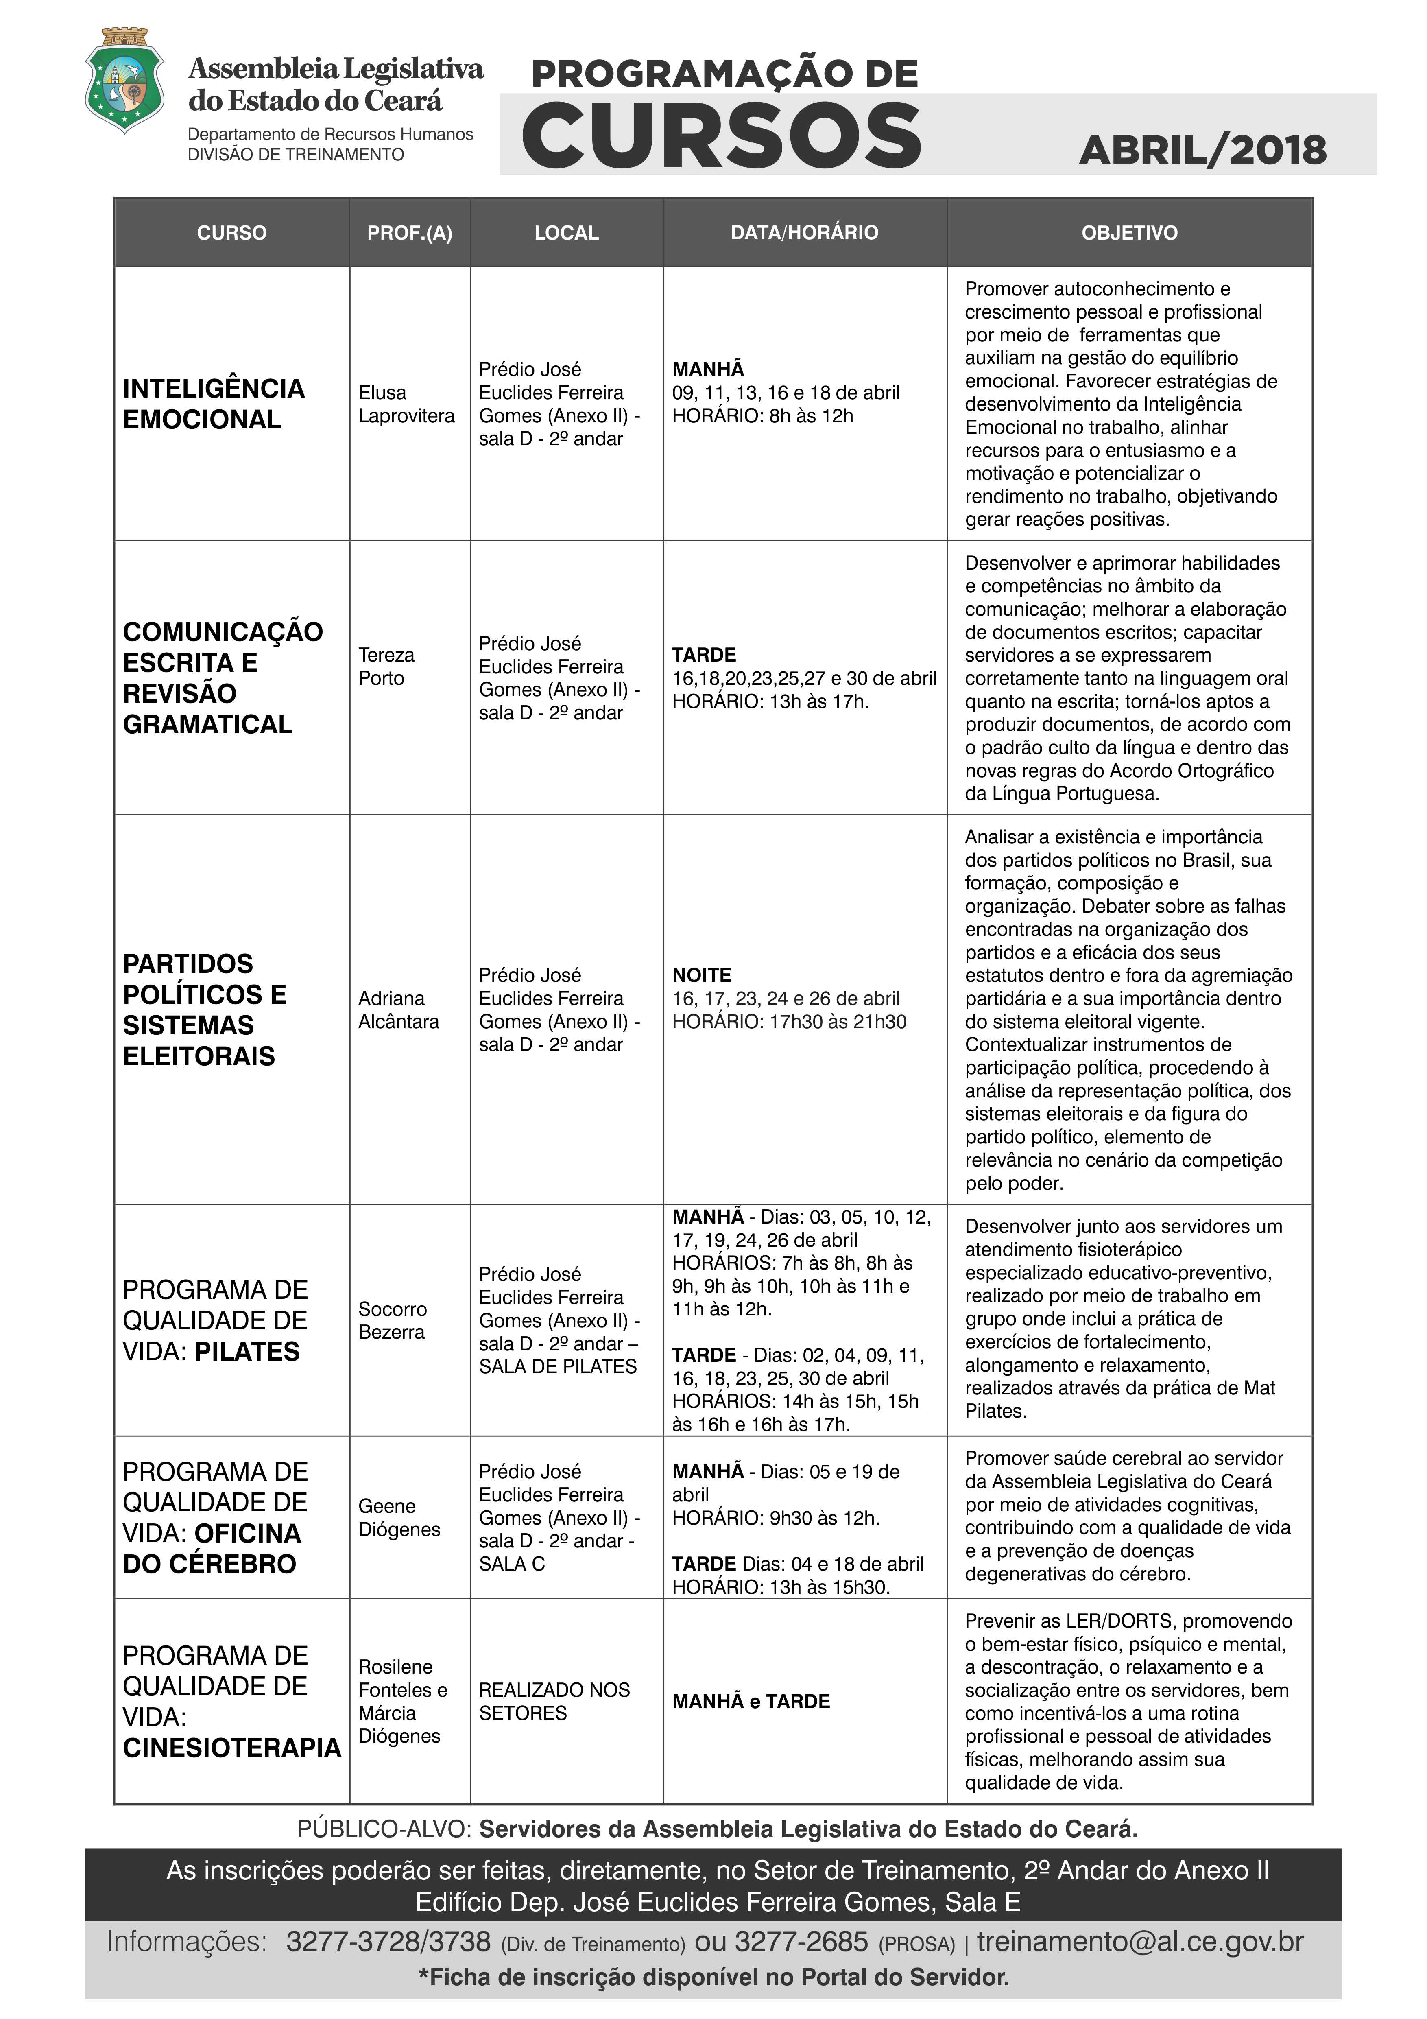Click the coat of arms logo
[124, 81]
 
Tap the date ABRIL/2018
[1202, 151]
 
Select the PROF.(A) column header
[410, 233]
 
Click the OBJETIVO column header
[1129, 233]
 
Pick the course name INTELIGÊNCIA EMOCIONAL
[214, 404]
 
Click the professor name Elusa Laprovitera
[406, 404]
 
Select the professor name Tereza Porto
[386, 666]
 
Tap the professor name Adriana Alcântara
[398, 1009]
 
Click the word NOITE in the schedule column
[702, 975]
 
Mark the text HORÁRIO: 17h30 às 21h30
[789, 1022]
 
